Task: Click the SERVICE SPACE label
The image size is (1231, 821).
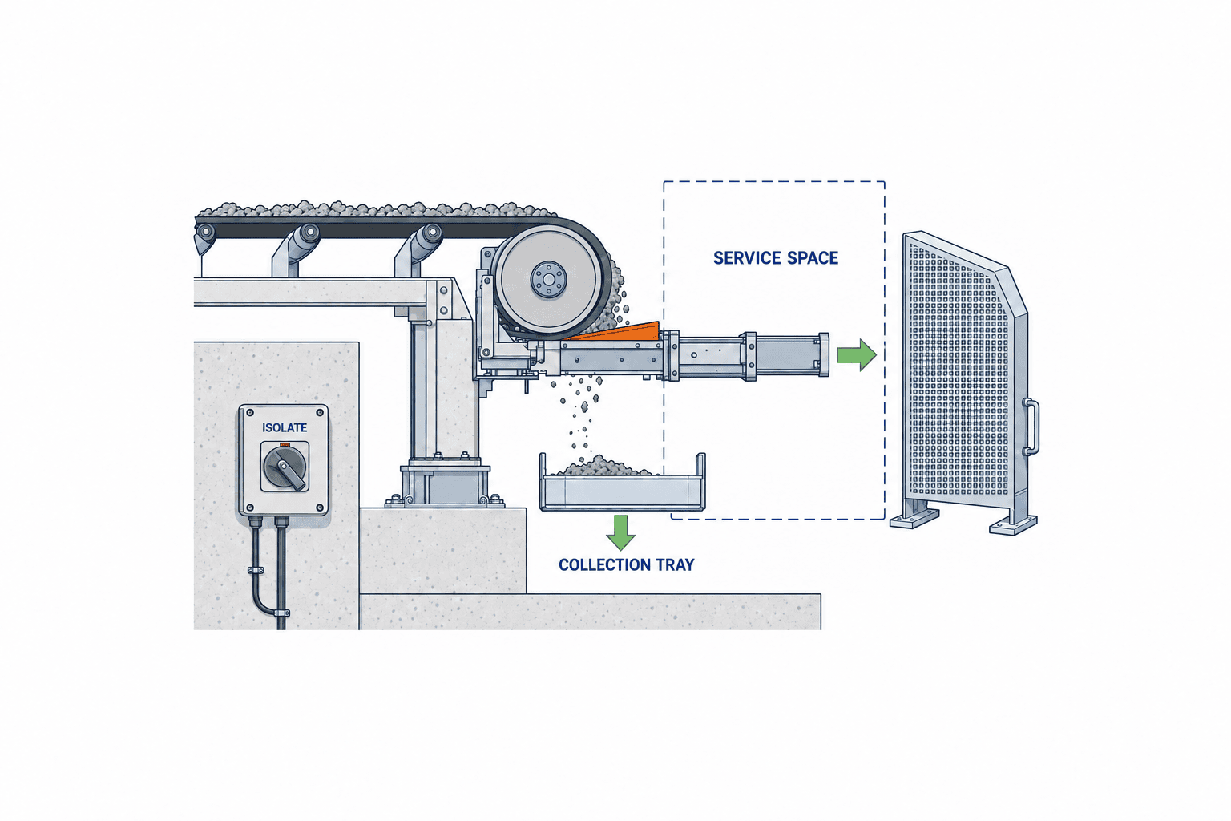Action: (x=776, y=258)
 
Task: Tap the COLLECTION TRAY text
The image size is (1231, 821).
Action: (x=627, y=564)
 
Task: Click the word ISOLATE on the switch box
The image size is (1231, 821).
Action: (x=285, y=427)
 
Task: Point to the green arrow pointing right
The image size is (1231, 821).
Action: (x=856, y=354)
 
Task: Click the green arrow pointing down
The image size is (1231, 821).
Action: (x=621, y=532)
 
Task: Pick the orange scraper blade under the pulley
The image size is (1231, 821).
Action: (x=615, y=332)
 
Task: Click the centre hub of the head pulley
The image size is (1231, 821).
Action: (x=548, y=280)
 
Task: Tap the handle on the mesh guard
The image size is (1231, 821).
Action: (x=1031, y=427)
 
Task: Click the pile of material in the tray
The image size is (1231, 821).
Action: (x=603, y=467)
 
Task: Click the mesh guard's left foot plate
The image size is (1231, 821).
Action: (x=914, y=518)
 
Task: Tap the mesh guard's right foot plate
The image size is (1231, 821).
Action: (x=1013, y=525)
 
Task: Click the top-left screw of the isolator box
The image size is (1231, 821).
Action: (x=250, y=412)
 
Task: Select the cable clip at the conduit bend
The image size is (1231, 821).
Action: (x=281, y=613)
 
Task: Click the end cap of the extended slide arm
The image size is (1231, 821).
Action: (x=823, y=354)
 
